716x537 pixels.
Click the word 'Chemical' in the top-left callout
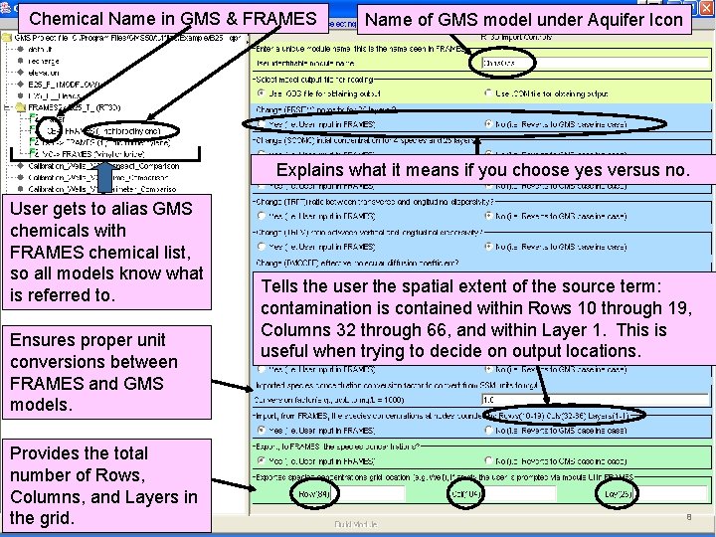point(68,18)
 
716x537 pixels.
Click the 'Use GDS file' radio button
point(262,93)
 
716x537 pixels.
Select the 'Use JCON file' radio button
point(487,93)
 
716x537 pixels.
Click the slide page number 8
point(687,517)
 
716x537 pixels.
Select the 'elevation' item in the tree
point(46,73)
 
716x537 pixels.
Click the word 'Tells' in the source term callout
point(282,286)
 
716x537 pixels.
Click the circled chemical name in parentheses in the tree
point(137,130)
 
